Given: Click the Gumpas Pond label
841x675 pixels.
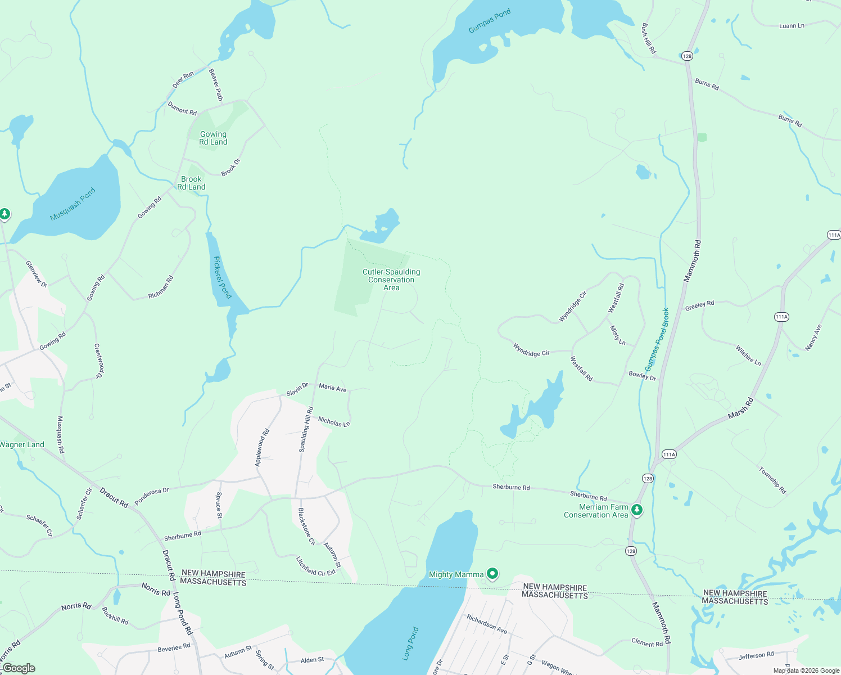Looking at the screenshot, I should tap(489, 20).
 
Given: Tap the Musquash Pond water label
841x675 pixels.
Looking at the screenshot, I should tap(73, 204).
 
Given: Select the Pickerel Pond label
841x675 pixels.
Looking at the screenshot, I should tap(223, 277).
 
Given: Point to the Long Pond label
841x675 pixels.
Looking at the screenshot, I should tap(411, 643).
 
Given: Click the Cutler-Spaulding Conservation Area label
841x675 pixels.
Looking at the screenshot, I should tap(391, 280).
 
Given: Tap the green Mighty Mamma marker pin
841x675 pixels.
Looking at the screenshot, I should tap(492, 574).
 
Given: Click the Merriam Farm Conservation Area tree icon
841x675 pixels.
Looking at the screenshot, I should tap(636, 510).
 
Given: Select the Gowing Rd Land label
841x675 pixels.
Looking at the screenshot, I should tap(213, 138).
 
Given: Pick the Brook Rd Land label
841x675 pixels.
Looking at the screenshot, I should tap(191, 183).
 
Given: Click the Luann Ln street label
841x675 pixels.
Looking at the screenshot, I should tap(792, 26).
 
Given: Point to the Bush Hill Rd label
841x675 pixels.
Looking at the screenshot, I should tap(648, 38).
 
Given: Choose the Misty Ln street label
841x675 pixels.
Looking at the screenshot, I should tap(618, 335).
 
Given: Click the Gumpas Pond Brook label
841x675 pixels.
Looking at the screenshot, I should tap(657, 339).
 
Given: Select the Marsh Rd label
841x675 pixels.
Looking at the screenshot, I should tap(740, 408).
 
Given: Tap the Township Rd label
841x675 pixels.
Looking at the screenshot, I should tap(772, 480).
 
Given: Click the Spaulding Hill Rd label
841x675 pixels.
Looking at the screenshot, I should tap(305, 430).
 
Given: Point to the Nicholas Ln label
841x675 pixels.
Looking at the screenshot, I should tap(334, 421).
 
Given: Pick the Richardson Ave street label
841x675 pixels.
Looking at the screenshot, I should tap(487, 624).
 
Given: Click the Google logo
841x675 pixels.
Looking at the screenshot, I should tap(19, 668).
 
